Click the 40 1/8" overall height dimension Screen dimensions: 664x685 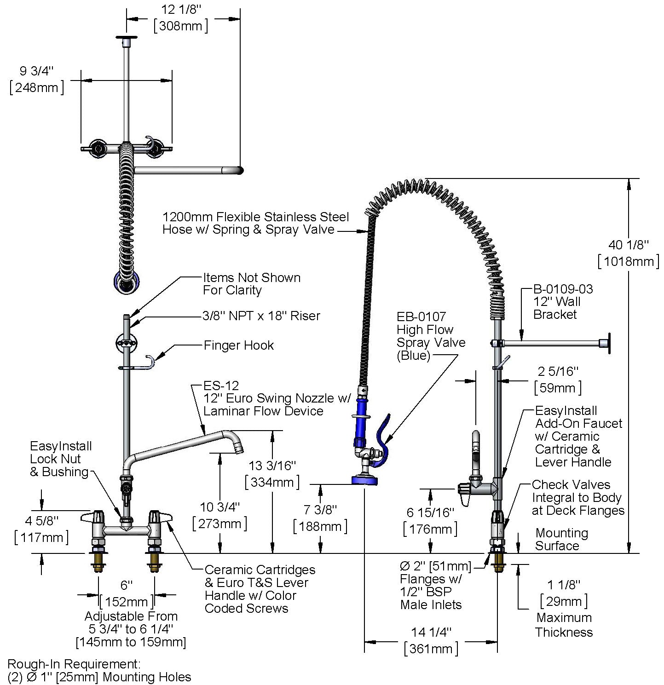point(629,253)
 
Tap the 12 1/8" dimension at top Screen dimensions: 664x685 point(181,17)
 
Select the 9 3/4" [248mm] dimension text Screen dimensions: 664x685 point(37,79)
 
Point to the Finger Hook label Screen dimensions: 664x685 point(239,345)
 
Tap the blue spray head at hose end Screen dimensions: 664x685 point(364,480)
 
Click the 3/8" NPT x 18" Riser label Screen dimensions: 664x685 point(261,316)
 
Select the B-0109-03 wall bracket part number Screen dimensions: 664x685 point(563,289)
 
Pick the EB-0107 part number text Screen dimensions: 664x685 point(421,317)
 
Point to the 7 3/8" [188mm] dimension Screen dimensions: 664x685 point(320,518)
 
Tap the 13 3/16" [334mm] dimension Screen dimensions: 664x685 point(272,474)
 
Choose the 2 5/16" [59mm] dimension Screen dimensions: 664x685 point(558,380)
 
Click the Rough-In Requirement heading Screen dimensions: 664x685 point(74,664)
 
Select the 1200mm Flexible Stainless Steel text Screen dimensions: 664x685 point(255,217)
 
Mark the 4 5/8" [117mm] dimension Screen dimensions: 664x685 point(41,529)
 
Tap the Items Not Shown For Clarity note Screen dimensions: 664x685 point(252,284)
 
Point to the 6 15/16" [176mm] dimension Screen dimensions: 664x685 point(430,521)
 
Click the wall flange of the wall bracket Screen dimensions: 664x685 point(608,343)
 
